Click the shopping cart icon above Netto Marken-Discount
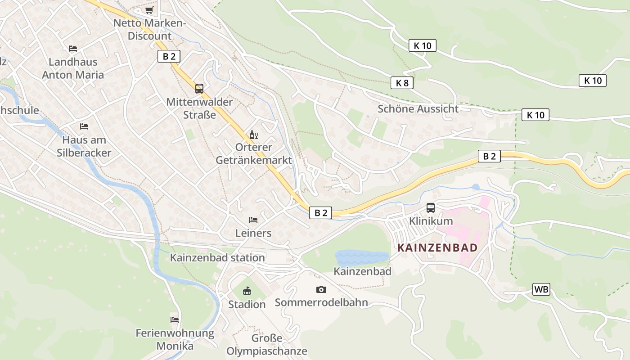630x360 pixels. tap(149, 10)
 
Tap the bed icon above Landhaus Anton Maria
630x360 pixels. tap(73, 49)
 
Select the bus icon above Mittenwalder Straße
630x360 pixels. tap(199, 89)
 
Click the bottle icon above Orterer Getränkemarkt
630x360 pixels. tap(253, 135)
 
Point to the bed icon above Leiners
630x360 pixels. tap(253, 220)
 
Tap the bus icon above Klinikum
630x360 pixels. tap(431, 208)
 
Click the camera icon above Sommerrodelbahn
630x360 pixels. tap(321, 289)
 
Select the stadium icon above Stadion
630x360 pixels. tap(247, 291)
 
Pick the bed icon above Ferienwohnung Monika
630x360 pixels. tap(175, 320)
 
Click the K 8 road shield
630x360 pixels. tap(402, 83)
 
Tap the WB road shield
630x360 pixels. tap(541, 289)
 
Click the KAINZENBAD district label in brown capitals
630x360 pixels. tap(437, 248)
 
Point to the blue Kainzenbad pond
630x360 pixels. tap(361, 258)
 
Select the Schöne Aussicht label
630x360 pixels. tap(418, 108)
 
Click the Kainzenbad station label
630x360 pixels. tap(217, 258)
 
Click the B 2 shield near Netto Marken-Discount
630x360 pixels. tap(169, 56)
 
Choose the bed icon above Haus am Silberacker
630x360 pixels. tap(84, 126)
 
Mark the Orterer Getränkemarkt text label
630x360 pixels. tap(254, 153)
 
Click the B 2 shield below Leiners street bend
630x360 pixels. tap(320, 213)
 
